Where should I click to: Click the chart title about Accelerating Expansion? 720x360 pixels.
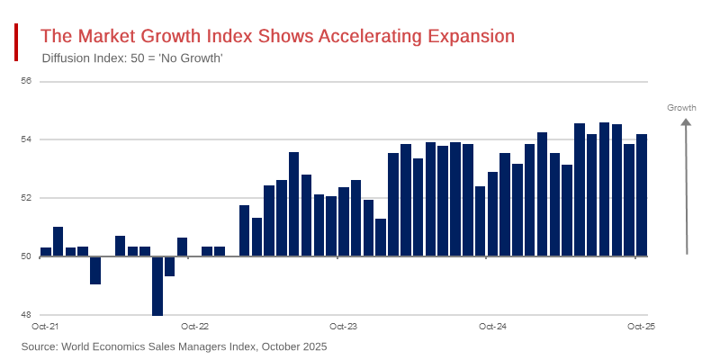coord(277,36)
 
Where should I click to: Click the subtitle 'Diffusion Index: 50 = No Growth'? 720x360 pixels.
coord(132,58)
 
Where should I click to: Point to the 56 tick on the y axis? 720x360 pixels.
coord(26,81)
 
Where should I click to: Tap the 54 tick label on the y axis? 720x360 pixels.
coord(26,139)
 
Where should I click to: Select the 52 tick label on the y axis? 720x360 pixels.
coord(26,198)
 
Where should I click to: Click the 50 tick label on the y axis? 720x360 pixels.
coord(26,256)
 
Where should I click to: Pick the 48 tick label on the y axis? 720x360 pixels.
coord(26,315)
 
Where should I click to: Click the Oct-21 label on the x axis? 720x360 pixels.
coord(45,326)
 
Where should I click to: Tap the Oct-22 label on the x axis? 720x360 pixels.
coord(194,326)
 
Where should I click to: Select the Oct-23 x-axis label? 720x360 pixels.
coord(343,326)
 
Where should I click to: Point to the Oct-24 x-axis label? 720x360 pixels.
coord(492,326)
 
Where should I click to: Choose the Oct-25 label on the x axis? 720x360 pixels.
coord(641,326)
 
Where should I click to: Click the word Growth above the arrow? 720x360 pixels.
coord(681,108)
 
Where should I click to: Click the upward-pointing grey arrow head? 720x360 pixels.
coord(686,122)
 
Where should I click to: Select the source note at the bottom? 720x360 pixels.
coord(174,346)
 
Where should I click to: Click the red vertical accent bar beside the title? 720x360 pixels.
coord(16,42)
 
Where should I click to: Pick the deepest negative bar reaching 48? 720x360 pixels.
coord(157,286)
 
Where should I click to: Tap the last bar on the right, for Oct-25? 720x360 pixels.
coord(642,195)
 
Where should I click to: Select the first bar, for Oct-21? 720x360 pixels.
coord(46,252)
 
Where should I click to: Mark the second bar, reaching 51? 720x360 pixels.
coord(58,241)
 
